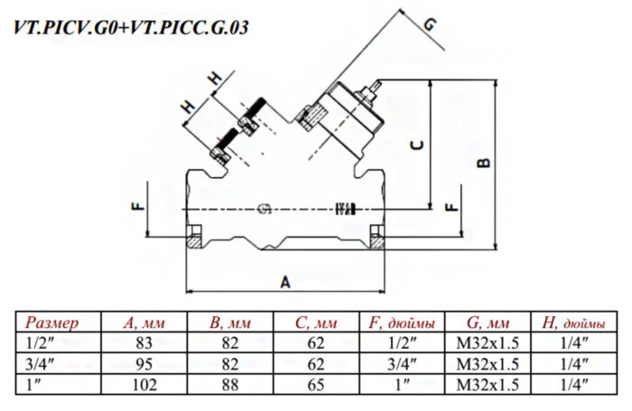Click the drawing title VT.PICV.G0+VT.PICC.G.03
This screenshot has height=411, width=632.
click(131, 27)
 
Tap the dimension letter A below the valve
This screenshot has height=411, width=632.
click(285, 282)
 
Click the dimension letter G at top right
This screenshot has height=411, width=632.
click(430, 24)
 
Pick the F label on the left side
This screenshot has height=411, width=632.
click(138, 206)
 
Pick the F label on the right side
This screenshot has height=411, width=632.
click(451, 207)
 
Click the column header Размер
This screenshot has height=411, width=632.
click(52, 322)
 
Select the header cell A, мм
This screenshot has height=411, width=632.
click(144, 322)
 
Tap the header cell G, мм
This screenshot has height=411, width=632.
click(488, 322)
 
